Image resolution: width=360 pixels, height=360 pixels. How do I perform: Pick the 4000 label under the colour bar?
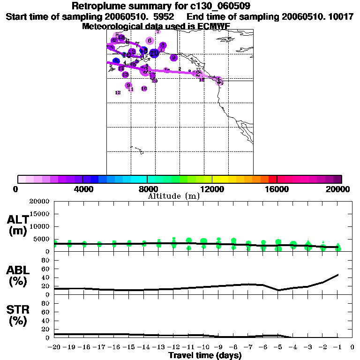[x=82, y=189]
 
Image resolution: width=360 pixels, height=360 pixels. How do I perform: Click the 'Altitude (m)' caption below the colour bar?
[x=173, y=196]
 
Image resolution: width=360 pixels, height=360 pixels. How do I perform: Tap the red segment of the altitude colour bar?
[x=272, y=179]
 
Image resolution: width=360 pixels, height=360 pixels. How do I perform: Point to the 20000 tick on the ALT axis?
[x=39, y=202]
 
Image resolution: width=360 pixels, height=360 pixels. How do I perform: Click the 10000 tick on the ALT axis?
[x=39, y=226]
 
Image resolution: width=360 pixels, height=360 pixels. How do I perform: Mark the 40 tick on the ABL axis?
[x=46, y=277]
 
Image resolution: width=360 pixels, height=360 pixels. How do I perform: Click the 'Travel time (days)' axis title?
[x=204, y=356]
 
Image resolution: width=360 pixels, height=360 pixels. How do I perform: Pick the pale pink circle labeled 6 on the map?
[x=150, y=40]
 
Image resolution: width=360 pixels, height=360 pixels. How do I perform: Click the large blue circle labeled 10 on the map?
[x=154, y=53]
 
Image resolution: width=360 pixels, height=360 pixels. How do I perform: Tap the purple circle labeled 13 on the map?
[x=125, y=75]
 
